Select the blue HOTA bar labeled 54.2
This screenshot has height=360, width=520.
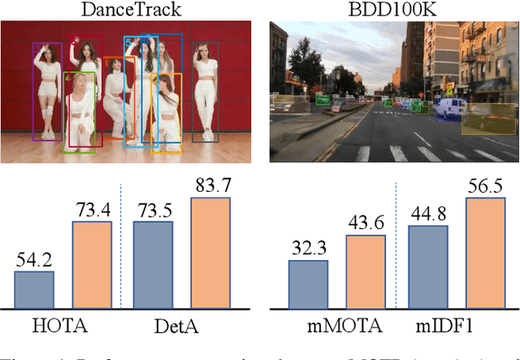(33, 289)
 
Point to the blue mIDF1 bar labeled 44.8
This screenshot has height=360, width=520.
(427, 267)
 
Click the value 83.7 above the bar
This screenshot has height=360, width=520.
(210, 185)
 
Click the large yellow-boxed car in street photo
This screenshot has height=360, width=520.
(487, 119)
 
